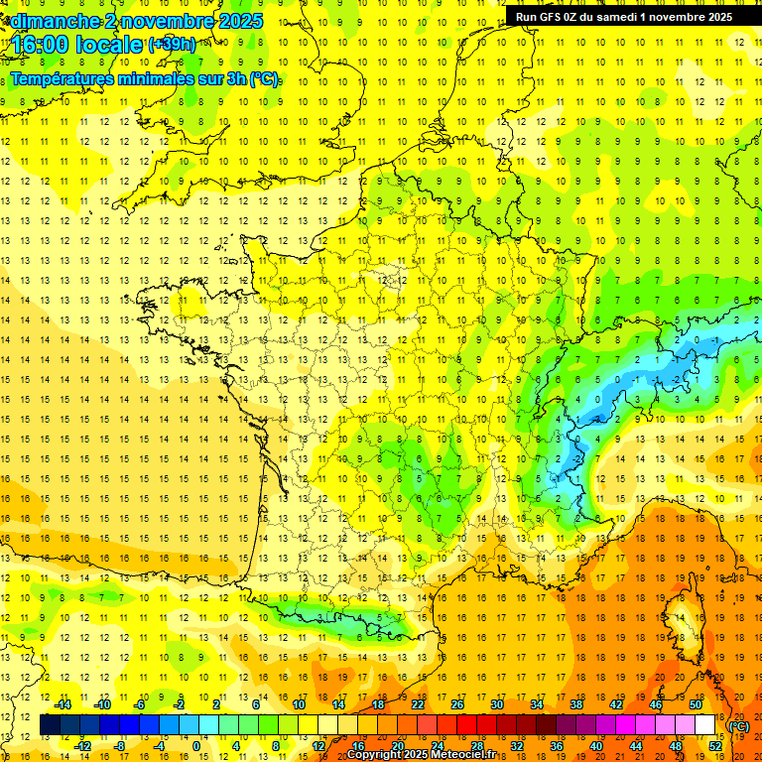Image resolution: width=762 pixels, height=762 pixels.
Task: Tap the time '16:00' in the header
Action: click(40, 45)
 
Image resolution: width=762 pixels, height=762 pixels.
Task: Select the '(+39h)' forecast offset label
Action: click(172, 45)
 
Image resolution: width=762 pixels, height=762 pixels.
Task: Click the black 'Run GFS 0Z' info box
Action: click(623, 16)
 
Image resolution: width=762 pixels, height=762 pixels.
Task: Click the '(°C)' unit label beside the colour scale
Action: click(738, 726)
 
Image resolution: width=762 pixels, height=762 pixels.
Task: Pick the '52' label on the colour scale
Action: click(715, 745)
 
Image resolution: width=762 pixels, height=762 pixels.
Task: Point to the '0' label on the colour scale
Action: click(196, 745)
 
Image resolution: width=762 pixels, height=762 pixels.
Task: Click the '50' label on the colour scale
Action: click(696, 704)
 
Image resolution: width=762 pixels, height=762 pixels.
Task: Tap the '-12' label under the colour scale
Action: click(83, 745)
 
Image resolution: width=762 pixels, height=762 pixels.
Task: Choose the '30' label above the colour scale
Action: click(496, 704)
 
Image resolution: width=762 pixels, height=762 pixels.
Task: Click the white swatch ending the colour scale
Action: click(705, 725)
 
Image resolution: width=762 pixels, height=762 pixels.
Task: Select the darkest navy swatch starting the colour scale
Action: click(51, 725)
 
